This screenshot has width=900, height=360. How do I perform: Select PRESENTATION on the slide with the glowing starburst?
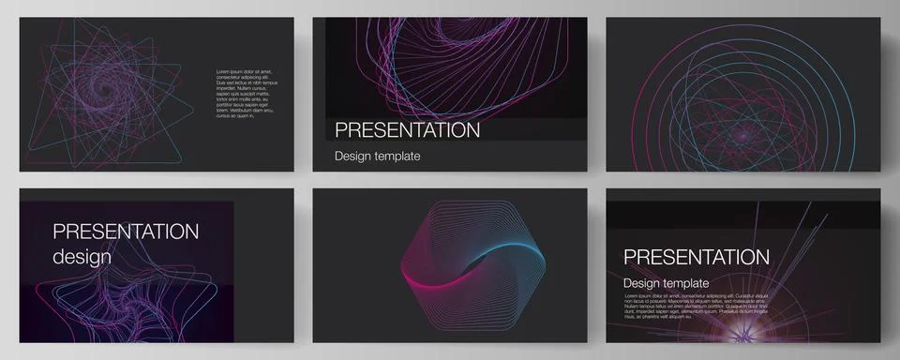[x=696, y=257]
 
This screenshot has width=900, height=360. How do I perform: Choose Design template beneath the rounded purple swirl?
[x=378, y=157]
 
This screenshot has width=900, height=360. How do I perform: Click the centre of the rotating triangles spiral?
[x=103, y=74]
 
